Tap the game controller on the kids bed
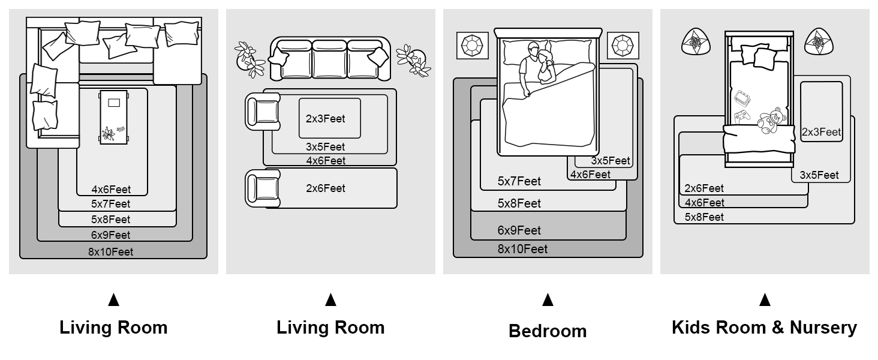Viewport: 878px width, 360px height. [742, 116]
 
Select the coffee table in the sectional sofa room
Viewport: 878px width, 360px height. [114, 117]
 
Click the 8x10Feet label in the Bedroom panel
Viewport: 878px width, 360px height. [522, 249]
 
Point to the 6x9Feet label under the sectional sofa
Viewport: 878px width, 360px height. [110, 235]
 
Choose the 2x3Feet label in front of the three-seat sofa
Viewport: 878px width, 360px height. [325, 119]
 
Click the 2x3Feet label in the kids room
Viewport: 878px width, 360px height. [821, 132]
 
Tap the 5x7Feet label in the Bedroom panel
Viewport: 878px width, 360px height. [519, 181]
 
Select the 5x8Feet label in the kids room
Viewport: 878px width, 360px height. [704, 217]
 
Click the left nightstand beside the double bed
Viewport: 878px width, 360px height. [473, 46]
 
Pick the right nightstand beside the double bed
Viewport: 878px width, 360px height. [623, 46]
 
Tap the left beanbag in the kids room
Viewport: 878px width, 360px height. [696, 41]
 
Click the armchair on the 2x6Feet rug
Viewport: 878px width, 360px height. [263, 188]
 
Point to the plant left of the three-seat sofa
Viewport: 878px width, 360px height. [249, 59]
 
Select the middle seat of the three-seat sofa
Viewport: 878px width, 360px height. [330, 59]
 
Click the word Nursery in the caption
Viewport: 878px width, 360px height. [823, 328]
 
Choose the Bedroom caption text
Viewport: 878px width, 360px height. [548, 331]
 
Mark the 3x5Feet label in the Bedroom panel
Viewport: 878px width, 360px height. [611, 161]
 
